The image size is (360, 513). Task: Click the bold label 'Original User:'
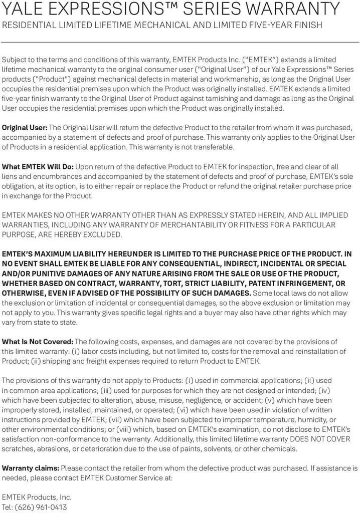tap(25, 128)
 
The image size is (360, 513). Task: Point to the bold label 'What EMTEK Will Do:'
tap(38, 167)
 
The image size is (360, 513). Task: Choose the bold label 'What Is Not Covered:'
tap(38, 342)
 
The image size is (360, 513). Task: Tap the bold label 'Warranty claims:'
tap(31, 468)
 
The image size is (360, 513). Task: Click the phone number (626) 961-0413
tap(41, 507)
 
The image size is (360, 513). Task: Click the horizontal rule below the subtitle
tap(180, 42)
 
